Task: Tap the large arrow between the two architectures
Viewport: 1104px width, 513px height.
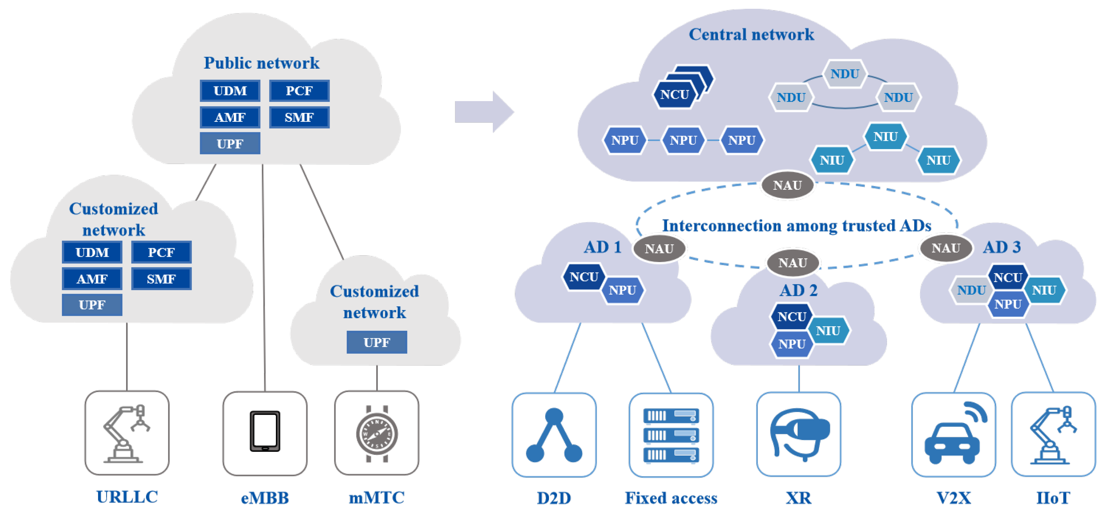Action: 484,112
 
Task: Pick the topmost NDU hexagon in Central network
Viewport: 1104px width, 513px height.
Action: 844,74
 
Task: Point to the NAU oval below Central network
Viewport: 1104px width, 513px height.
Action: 787,185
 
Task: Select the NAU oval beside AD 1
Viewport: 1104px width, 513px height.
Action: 659,249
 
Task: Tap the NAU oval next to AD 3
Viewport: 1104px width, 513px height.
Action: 945,248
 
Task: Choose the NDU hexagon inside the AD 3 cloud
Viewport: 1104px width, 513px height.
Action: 971,290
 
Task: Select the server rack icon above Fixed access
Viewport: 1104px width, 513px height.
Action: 671,435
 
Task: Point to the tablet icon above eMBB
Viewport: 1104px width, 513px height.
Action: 265,432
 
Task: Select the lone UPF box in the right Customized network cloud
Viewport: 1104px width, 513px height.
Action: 376,342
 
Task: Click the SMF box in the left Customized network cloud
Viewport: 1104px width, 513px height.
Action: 161,279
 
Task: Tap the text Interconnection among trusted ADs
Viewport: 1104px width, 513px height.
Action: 796,226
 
